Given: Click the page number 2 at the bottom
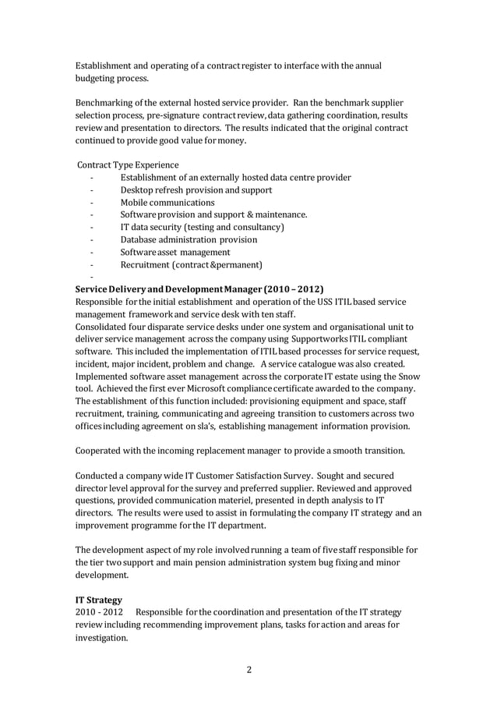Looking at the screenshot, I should pyautogui.click(x=248, y=669).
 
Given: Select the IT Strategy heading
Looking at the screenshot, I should pyautogui.click(x=99, y=600).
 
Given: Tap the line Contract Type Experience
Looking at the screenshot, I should pyautogui.click(x=129, y=165).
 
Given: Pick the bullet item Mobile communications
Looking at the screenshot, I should pyautogui.click(x=167, y=203).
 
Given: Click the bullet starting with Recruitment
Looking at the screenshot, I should pyautogui.click(x=191, y=265).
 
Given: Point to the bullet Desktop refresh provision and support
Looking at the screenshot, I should pyautogui.click(x=196, y=190).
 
